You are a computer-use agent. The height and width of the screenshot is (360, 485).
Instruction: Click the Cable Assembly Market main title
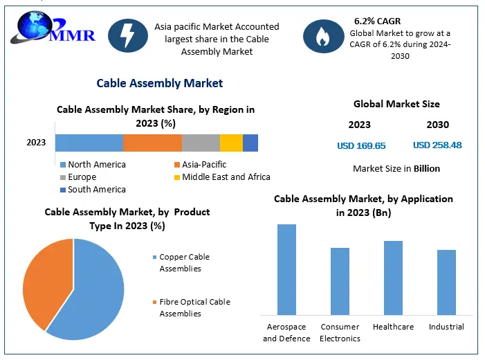coord(160,83)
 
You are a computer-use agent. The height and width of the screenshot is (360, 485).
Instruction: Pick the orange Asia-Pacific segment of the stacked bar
coord(152,143)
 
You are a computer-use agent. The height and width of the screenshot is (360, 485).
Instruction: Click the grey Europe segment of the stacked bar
coord(201,143)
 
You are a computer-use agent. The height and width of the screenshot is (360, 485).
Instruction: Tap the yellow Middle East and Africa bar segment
coord(231,143)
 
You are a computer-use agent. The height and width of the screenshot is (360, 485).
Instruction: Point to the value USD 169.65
coord(361,145)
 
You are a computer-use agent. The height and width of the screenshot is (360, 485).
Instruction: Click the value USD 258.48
coord(437,145)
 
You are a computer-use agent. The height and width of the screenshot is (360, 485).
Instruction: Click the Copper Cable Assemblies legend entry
coord(184,262)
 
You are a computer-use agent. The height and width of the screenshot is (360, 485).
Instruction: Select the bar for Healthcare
coord(393,277)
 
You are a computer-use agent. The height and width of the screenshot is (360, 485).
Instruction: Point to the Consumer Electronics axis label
coord(340,332)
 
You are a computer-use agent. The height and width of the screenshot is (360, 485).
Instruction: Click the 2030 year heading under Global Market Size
coord(437,125)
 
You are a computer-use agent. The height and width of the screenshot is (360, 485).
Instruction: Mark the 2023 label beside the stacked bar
coord(36,143)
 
